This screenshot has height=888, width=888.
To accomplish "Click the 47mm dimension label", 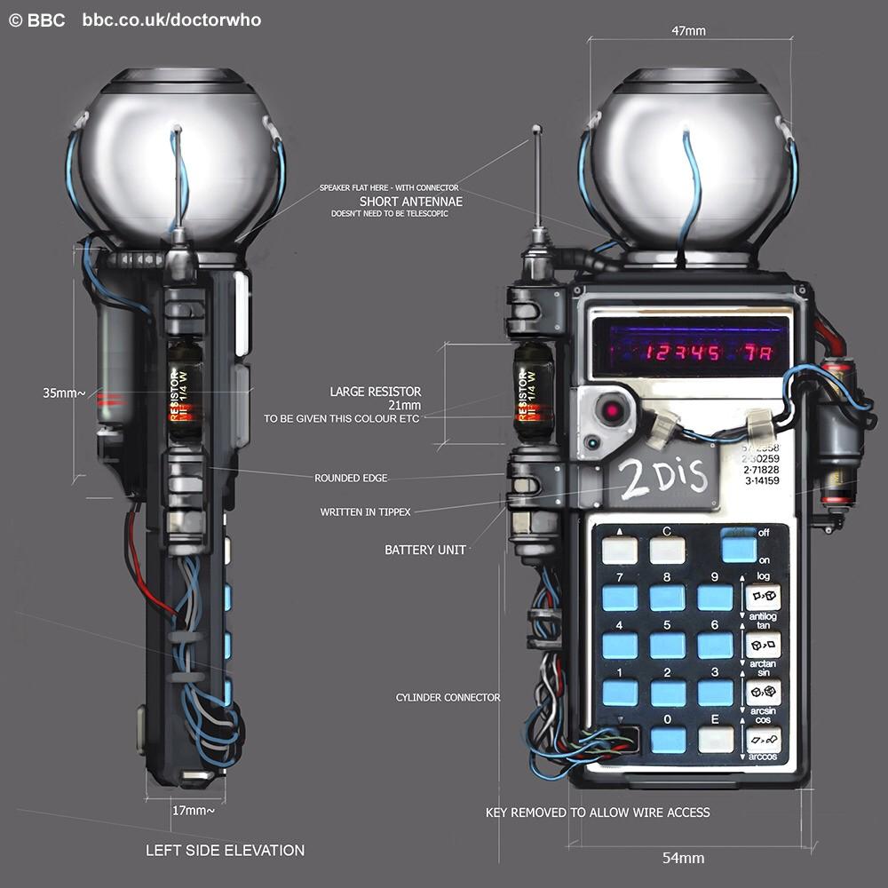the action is coord(688,31).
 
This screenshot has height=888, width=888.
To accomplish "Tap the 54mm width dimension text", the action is coord(683,858).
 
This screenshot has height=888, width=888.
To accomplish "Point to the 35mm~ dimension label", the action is coord(64,392).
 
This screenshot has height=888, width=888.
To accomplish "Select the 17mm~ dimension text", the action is coord(193,810).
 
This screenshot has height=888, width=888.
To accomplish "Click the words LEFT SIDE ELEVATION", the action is coord(225,851).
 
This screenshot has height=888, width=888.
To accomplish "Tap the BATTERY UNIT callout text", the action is coord(425,551).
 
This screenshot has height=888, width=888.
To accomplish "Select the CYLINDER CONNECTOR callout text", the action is coord(448,698).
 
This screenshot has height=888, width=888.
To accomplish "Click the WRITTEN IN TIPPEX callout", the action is coord(366,512).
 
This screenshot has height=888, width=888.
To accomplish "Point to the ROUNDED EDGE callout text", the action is coord(351,479).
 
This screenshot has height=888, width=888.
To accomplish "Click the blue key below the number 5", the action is coord(668,646).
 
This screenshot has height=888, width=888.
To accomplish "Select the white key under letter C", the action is coord(668,551).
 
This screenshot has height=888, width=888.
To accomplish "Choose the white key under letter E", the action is coord(716,739).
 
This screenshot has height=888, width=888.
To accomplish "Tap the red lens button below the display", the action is coord(611,410).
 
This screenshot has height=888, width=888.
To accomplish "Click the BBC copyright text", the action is coord(36,20).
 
